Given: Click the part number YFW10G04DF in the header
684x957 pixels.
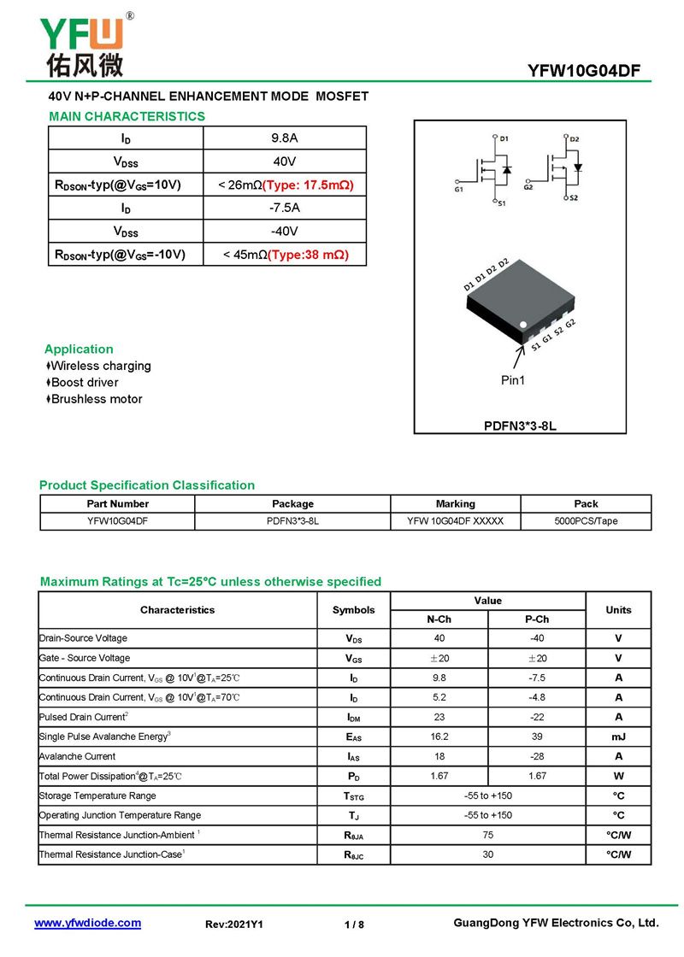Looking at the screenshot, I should click(584, 71).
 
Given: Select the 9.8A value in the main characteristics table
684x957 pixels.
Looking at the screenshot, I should click(285, 138).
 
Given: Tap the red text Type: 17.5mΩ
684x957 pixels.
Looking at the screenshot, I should click(308, 185).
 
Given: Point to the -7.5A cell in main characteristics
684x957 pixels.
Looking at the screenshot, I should click(285, 208).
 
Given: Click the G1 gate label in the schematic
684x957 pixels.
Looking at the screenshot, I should click(459, 189).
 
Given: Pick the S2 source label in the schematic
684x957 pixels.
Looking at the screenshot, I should click(573, 198).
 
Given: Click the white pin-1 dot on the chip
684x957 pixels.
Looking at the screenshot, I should click(525, 324).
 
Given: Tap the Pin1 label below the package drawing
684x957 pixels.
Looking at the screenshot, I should click(513, 380).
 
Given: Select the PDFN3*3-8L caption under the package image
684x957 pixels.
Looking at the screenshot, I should click(520, 425).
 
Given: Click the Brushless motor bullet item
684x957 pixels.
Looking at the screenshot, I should click(96, 399).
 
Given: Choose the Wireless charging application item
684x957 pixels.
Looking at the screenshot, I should click(100, 366).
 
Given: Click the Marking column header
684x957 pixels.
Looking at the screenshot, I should click(455, 504).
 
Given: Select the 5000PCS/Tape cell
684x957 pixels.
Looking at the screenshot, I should click(586, 520).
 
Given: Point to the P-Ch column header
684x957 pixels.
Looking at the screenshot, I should click(537, 619).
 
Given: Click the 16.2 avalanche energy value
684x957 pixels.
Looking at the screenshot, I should click(439, 737).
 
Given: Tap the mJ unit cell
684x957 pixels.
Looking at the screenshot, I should click(618, 737).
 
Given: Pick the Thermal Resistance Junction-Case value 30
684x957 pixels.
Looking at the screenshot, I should click(487, 854).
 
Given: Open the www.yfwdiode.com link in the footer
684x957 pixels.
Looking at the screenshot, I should click(87, 923).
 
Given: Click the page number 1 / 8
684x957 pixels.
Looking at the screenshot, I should click(354, 925).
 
